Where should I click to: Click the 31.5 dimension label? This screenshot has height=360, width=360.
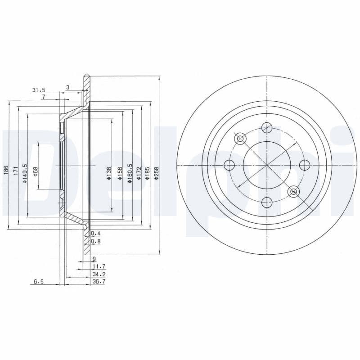click(x=39, y=90)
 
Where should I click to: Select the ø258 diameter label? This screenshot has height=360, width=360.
click(x=157, y=173)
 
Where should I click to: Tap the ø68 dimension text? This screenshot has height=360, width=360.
click(x=36, y=171)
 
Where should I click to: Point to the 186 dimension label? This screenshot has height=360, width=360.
click(x=6, y=170)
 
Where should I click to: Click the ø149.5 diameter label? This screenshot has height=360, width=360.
click(x=25, y=173)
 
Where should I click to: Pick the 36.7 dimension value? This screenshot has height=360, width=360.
click(x=99, y=282)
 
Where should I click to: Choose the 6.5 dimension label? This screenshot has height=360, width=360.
click(x=39, y=282)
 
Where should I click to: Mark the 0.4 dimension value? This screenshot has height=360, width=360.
click(x=96, y=234)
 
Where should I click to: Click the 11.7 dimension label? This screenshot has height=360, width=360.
click(x=99, y=266)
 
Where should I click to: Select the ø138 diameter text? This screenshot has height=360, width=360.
click(x=109, y=173)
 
